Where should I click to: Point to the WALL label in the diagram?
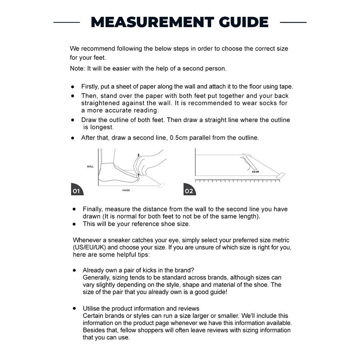(90, 167)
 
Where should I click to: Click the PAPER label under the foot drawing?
(126, 190)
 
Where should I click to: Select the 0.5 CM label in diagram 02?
(255, 172)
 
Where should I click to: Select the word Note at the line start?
(77, 68)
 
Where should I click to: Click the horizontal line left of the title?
(67, 22)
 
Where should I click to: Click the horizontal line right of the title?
(293, 22)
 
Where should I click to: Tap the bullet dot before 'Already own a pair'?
(75, 270)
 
